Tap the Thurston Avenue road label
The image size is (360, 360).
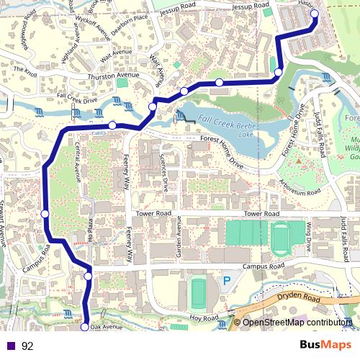pyautogui.click(x=112, y=75)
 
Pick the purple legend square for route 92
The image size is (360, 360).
pyautogui.click(x=12, y=346)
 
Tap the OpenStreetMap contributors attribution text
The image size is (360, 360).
pyautogui.click(x=297, y=323)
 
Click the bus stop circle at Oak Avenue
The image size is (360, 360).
pyautogui.click(x=84, y=327)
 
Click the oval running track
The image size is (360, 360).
pyautogui.click(x=282, y=234)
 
